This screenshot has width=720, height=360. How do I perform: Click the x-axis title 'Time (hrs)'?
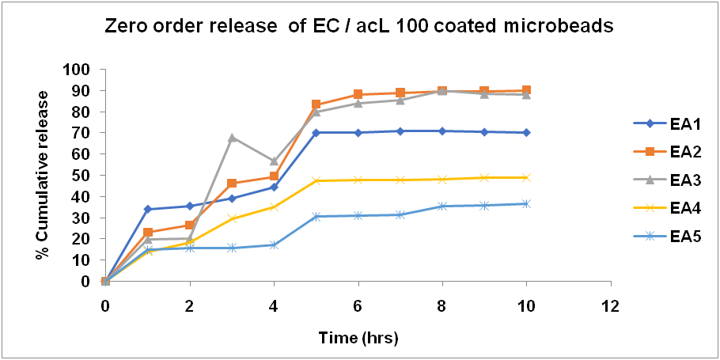(358, 338)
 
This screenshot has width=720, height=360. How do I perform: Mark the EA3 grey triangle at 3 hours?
(232, 138)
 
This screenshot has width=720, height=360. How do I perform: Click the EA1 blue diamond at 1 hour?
(147, 209)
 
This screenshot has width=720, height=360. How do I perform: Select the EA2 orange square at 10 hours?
(526, 90)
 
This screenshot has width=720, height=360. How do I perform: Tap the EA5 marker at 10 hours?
(526, 203)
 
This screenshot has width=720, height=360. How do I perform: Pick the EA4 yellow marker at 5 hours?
(316, 180)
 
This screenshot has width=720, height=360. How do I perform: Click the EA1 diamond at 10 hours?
(526, 132)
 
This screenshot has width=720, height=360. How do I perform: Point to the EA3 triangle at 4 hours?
(274, 161)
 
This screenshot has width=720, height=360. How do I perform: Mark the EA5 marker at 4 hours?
(274, 244)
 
